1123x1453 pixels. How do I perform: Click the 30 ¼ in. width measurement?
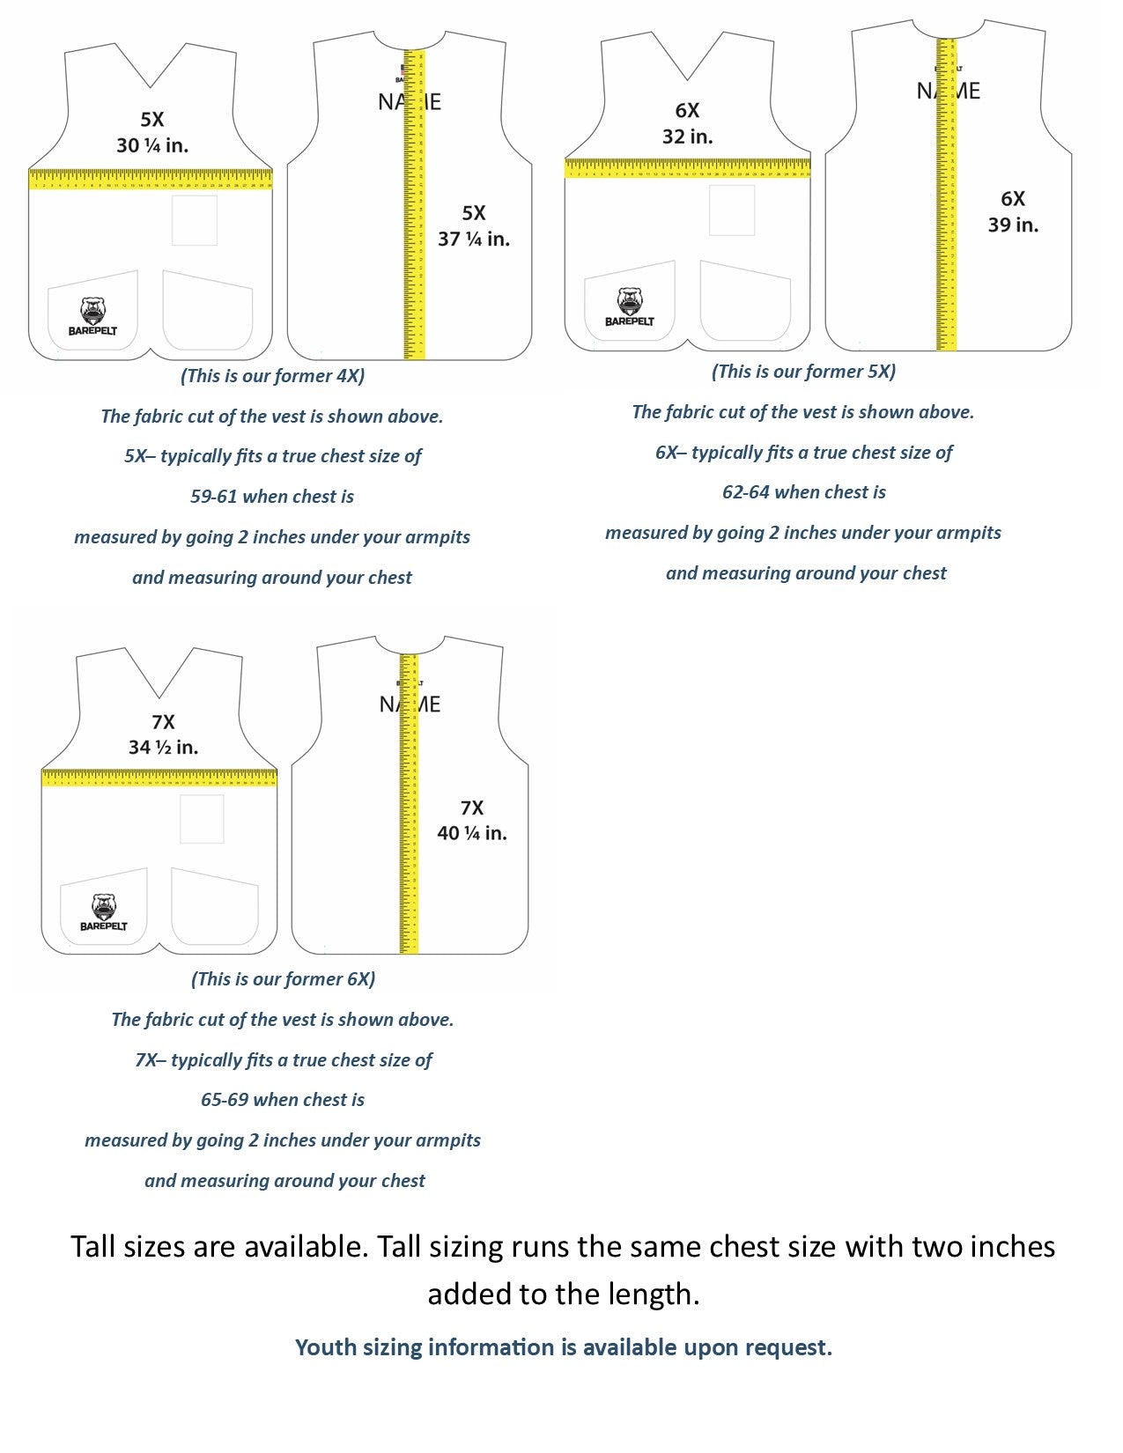click(152, 145)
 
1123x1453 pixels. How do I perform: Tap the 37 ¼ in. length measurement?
click(474, 239)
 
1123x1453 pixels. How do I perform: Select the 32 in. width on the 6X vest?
click(687, 136)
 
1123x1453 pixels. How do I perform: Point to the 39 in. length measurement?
click(1013, 225)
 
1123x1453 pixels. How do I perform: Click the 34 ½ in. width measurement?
click(163, 748)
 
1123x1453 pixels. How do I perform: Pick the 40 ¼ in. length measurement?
click(472, 833)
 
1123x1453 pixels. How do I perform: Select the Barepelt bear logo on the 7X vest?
click(104, 912)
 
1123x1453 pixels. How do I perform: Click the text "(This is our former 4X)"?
click(272, 376)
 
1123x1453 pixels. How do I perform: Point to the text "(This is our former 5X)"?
click(803, 372)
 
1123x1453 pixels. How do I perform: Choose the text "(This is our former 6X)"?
click(283, 979)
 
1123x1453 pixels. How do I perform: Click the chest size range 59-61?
click(214, 497)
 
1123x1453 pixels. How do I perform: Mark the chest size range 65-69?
click(225, 1100)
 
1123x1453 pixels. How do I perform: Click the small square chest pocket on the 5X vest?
click(194, 220)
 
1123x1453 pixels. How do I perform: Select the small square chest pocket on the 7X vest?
click(202, 819)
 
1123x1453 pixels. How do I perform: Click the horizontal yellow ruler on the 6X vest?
click(687, 167)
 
